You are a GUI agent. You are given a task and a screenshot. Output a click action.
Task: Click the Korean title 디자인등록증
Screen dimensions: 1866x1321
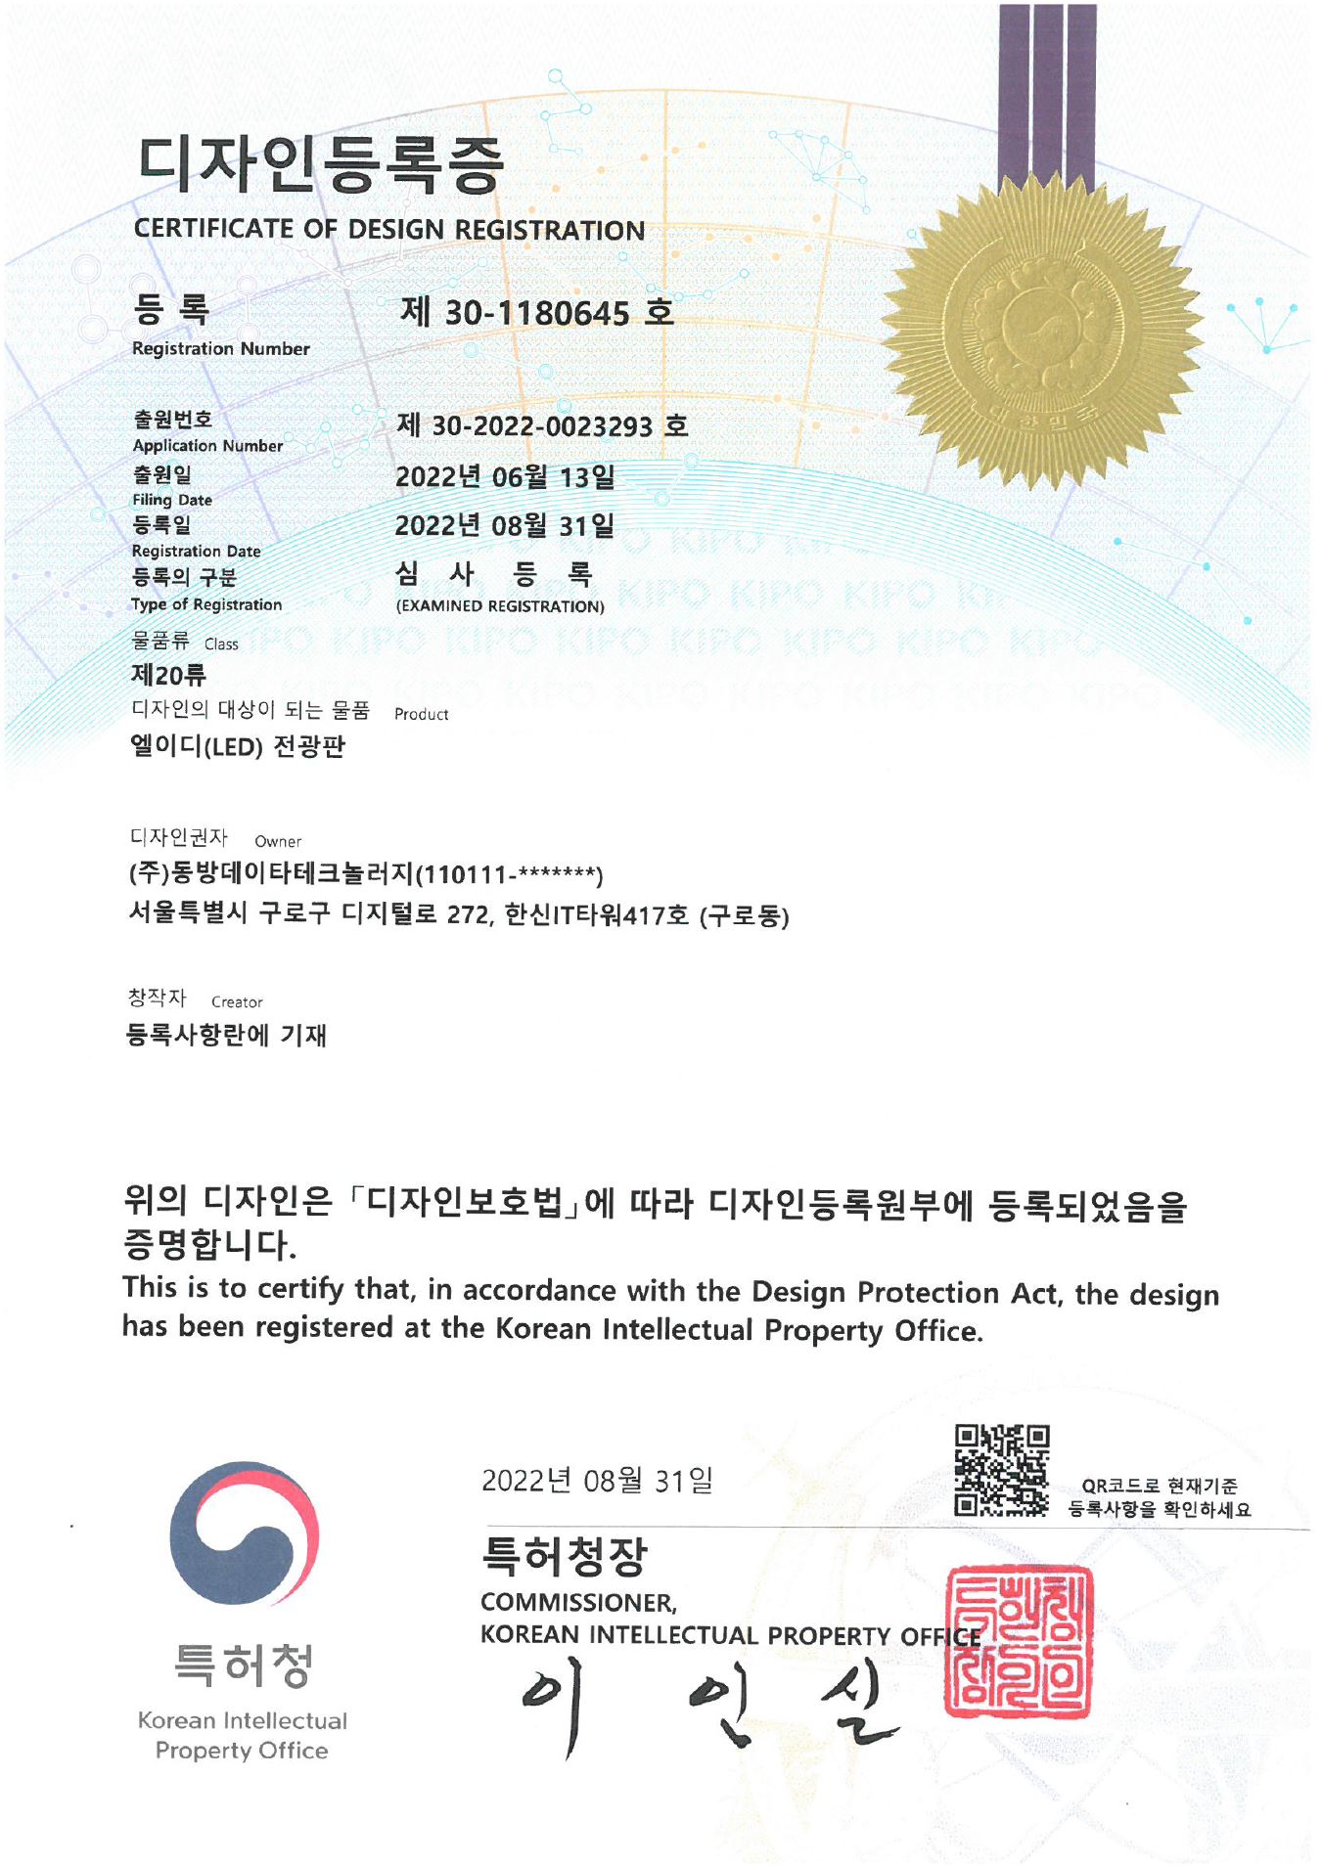[320, 163]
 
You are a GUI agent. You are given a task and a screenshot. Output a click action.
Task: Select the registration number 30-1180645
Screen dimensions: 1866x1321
[537, 313]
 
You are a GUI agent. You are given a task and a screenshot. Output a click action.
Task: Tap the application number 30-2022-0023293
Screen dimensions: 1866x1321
[542, 426]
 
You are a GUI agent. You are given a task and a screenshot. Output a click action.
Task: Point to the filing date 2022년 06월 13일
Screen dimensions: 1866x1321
[505, 477]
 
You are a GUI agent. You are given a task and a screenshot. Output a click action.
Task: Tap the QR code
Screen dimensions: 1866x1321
[1001, 1470]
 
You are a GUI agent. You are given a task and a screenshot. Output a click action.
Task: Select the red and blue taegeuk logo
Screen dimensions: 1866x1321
[244, 1533]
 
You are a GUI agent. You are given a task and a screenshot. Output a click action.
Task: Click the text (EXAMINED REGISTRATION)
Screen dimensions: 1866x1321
[500, 606]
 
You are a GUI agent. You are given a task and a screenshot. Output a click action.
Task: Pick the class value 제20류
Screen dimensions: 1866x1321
[168, 675]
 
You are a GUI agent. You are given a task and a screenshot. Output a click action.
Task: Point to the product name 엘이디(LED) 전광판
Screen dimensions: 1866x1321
[238, 747]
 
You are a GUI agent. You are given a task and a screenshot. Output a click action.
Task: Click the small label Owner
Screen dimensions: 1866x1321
[278, 841]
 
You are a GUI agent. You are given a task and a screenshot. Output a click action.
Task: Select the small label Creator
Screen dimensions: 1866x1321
[237, 1002]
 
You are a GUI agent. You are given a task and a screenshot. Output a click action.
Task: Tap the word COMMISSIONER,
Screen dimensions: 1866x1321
[578, 1603]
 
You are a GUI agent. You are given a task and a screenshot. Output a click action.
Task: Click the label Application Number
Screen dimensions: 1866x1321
[207, 446]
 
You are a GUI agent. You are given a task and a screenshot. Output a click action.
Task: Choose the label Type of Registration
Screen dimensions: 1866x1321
[206, 604]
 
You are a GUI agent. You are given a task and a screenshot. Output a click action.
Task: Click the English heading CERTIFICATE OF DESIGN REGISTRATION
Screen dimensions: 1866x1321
[389, 230]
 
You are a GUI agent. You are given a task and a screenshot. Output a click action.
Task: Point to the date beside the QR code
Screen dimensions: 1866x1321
[597, 1481]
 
